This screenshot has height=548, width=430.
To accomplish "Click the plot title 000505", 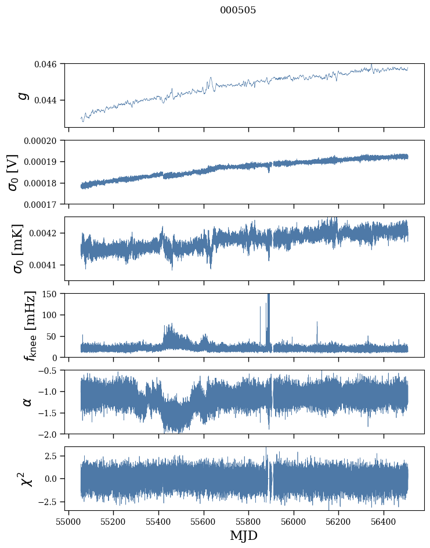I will coord(238,10).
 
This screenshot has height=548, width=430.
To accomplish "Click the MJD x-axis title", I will coord(244,535).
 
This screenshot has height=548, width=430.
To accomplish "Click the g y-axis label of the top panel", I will coord(24,95).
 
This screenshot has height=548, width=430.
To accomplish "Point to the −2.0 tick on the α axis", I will coord(48,434).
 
